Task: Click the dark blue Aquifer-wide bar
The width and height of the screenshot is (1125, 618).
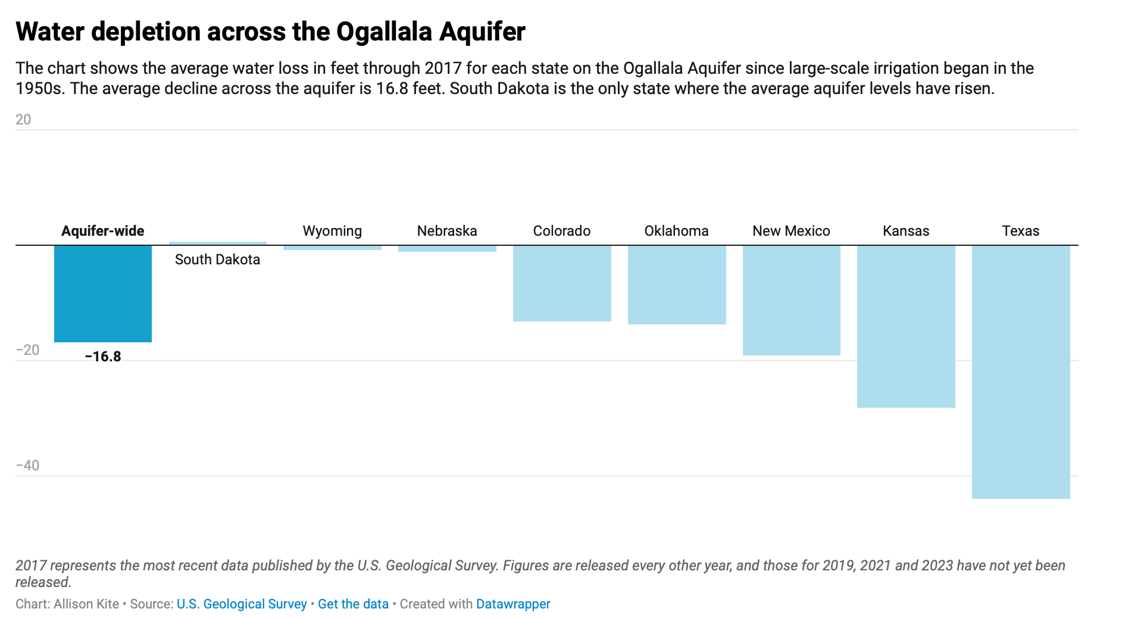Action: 102,294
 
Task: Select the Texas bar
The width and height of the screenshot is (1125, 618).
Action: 1020,372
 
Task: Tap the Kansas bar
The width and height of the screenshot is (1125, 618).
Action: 905,326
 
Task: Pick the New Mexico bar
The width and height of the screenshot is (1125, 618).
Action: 791,300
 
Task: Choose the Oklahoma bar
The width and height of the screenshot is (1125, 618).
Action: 676,285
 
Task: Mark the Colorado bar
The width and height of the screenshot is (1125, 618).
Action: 562,283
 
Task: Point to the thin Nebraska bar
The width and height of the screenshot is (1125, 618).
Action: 447,248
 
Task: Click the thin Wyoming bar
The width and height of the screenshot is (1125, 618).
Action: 332,247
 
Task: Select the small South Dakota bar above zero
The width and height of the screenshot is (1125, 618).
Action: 218,243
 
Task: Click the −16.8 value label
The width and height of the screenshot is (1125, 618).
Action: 103,357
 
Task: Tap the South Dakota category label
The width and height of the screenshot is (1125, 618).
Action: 217,260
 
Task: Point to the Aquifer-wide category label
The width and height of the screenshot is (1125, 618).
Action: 102,231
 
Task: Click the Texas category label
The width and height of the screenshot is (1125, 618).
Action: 1020,231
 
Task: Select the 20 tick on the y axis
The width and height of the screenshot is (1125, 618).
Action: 23,120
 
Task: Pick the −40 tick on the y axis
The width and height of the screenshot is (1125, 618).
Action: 27,466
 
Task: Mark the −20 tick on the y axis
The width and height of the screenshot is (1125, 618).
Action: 27,350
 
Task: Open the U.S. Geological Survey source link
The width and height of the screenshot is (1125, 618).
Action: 242,604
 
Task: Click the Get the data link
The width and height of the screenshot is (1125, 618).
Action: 353,604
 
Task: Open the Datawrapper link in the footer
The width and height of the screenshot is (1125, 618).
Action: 513,604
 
